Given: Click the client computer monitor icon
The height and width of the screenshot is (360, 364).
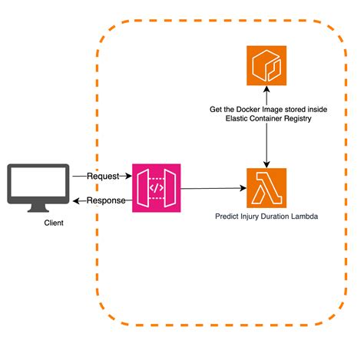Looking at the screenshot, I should (x=38, y=183).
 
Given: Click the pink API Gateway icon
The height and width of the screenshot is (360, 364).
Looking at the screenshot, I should (x=155, y=187).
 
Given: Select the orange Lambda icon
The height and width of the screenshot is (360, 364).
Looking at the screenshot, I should (x=266, y=187).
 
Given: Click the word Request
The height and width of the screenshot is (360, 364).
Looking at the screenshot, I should (x=103, y=176).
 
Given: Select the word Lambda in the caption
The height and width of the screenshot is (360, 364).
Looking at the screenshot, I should (x=301, y=217).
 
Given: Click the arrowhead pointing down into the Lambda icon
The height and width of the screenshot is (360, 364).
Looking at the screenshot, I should (x=266, y=163).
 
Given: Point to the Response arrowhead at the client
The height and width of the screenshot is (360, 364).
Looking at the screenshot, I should (x=75, y=200).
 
